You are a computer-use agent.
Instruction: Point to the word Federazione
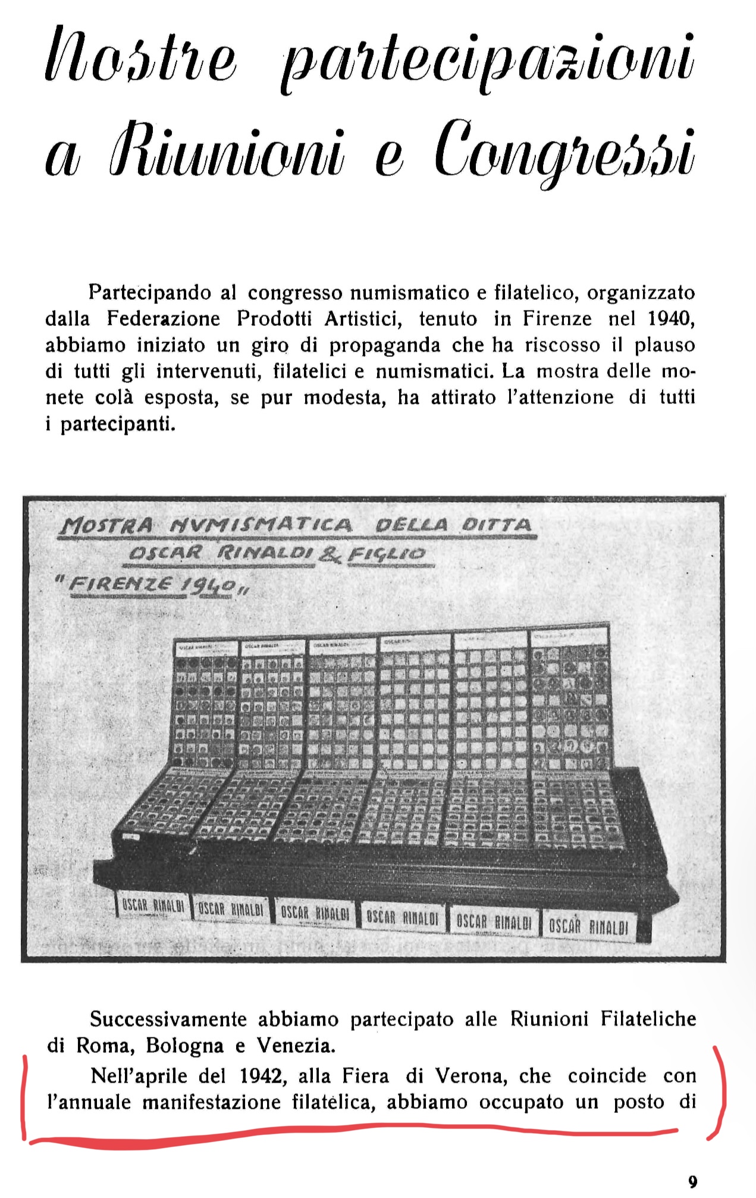[x=164, y=319]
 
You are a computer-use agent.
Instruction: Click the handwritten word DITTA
[x=495, y=525]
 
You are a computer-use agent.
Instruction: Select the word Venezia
[x=296, y=1045]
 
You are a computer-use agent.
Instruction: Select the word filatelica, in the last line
[x=334, y=1102]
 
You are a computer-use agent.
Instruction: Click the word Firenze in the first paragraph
[x=557, y=319]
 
